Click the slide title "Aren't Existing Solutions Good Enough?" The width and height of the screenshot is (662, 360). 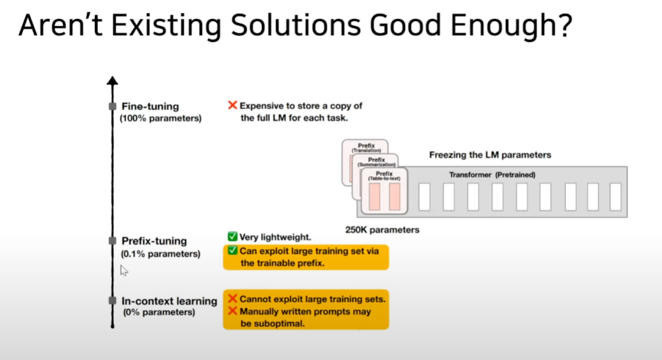click(x=294, y=26)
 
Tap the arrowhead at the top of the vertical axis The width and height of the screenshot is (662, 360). click(x=113, y=80)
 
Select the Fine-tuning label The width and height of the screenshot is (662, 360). click(x=150, y=106)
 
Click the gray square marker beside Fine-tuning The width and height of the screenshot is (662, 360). click(x=113, y=106)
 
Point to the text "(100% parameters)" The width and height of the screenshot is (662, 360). click(x=161, y=119)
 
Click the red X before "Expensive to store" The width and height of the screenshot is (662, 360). click(x=232, y=105)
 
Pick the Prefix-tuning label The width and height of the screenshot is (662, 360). click(x=154, y=241)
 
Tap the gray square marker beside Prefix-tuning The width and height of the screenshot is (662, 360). click(x=113, y=241)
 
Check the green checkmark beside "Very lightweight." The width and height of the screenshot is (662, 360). click(x=232, y=237)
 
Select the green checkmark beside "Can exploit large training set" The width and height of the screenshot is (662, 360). click(x=232, y=250)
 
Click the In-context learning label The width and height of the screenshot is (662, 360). click(x=169, y=301)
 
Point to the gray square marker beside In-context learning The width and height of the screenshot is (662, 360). click(x=113, y=301)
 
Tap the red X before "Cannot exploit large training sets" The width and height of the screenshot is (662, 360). click(x=232, y=299)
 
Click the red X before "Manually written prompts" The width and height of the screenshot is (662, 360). click(x=232, y=311)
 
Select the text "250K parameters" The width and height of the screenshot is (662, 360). click(x=382, y=230)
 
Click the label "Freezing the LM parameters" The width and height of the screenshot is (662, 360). click(x=490, y=155)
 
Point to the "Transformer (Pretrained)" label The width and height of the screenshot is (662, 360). click(x=492, y=175)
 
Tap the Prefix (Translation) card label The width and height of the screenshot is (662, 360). click(x=366, y=148)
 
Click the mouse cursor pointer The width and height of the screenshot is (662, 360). click(x=124, y=270)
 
